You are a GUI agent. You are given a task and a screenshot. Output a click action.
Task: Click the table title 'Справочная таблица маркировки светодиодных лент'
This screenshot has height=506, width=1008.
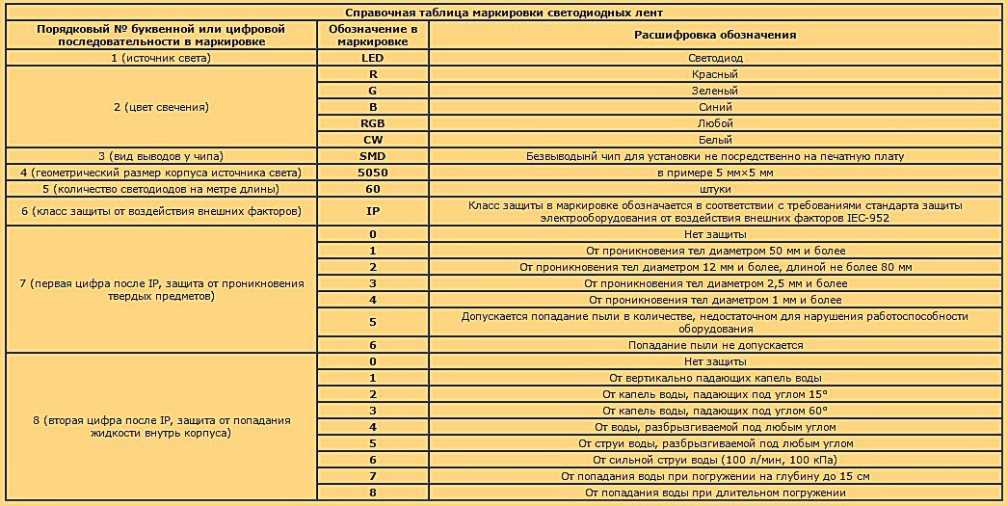(503, 13)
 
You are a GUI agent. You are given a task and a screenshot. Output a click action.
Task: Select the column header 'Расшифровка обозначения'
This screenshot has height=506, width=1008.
(715, 35)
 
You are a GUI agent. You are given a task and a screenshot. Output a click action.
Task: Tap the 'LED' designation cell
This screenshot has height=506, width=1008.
(372, 58)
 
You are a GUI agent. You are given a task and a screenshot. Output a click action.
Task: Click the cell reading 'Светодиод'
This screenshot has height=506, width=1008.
(715, 58)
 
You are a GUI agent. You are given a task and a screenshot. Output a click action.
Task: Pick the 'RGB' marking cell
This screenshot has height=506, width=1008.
(372, 122)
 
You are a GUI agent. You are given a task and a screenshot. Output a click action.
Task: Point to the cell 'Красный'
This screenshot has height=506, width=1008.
(715, 74)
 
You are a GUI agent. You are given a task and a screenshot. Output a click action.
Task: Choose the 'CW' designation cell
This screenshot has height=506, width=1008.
(372, 139)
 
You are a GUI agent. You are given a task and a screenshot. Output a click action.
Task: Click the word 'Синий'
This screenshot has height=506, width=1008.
(715, 107)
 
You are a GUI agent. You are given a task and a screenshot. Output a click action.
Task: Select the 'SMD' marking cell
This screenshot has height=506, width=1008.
(372, 155)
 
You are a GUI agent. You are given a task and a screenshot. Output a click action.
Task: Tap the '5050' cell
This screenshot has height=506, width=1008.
(372, 173)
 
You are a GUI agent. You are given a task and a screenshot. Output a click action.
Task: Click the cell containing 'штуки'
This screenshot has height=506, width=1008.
(715, 189)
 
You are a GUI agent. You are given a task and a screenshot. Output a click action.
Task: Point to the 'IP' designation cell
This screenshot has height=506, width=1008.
(372, 211)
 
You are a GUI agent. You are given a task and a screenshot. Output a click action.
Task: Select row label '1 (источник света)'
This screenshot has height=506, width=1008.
(161, 58)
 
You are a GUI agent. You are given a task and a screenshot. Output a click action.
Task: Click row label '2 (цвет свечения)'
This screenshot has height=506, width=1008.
(161, 107)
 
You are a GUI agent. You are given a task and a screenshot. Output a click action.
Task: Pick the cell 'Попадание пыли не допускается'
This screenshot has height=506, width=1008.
(715, 345)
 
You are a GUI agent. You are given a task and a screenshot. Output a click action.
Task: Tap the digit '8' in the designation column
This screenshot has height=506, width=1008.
(372, 493)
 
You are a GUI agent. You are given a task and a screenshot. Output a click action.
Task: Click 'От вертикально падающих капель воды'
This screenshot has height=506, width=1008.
(715, 378)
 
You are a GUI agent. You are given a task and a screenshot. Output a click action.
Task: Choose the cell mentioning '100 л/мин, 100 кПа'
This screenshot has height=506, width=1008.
(715, 460)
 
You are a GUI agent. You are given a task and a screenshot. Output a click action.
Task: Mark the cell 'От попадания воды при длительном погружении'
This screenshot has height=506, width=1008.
(715, 493)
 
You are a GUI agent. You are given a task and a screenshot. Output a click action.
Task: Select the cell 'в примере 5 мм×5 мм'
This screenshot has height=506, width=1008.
(715, 173)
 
